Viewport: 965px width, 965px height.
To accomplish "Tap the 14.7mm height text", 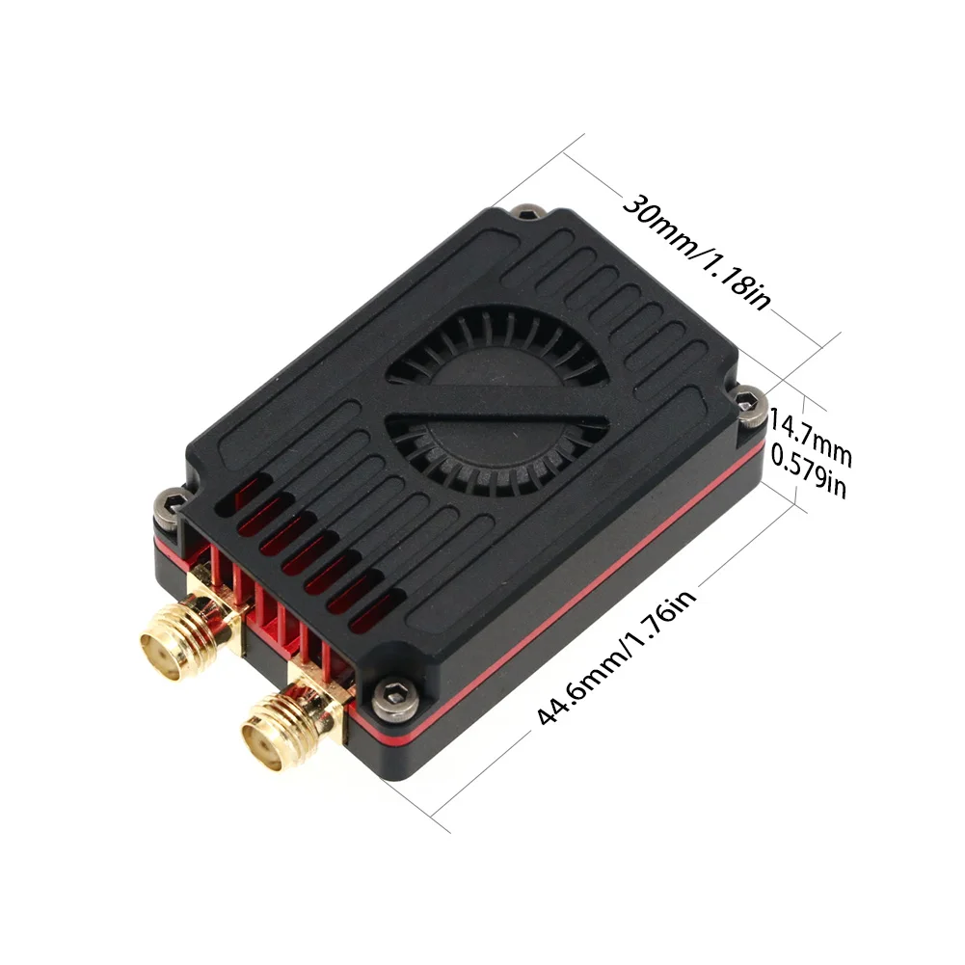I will (x=811, y=432).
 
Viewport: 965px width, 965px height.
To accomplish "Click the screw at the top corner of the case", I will (x=527, y=213).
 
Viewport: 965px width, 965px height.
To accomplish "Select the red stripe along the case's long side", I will (x=578, y=578).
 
